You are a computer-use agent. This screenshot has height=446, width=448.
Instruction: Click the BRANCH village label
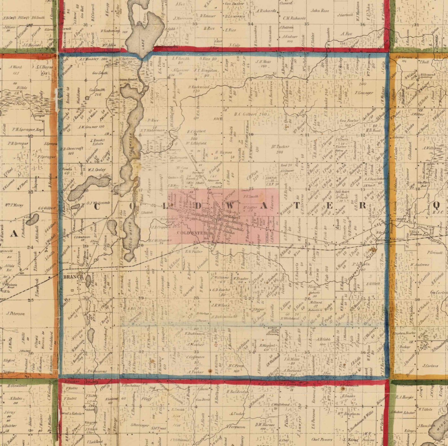coord(73,277)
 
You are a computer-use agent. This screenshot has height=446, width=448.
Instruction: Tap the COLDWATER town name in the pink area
coord(192,233)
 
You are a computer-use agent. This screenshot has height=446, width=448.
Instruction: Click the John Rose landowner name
coord(320,11)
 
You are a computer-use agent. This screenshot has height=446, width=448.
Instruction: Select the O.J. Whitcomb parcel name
coord(98,203)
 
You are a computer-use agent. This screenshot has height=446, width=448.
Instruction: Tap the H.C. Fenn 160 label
coord(236,368)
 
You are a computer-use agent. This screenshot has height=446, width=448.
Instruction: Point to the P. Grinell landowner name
coord(435,253)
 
